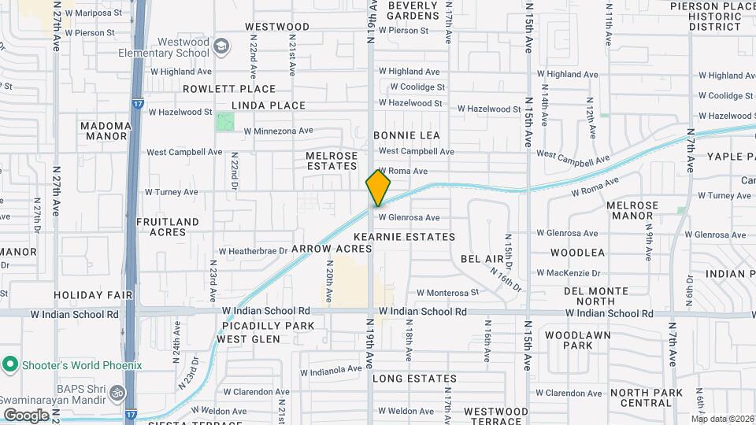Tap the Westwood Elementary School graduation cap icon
tap(222, 47)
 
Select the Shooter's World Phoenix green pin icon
tap(10, 364)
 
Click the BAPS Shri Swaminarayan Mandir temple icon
tap(117, 391)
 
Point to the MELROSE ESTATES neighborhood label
tap(332, 161)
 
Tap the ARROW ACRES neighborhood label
tap(331, 248)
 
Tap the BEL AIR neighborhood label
tap(482, 258)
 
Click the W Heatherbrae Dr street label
tap(253, 251)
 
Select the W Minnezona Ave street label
tap(279, 131)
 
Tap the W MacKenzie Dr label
tap(568, 273)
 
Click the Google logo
tap(26, 415)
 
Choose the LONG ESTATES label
tap(414, 379)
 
